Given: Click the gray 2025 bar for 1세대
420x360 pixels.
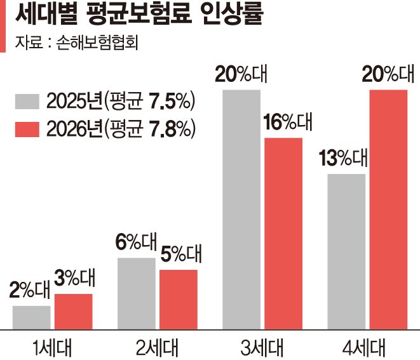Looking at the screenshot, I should (31, 317).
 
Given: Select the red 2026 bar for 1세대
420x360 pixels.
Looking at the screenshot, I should (73, 311).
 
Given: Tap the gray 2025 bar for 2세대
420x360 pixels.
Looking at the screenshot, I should (136, 293).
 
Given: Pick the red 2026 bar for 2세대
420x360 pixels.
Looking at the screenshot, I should (178, 299).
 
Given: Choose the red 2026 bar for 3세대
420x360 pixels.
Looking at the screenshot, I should (283, 233).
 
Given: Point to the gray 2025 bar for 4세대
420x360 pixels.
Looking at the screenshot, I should (346, 251).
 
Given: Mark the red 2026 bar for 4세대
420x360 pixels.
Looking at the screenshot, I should (388, 210).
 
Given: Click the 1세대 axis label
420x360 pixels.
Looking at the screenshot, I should (53, 347).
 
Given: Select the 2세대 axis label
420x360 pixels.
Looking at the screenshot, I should (157, 347).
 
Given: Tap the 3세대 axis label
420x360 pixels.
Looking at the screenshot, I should (262, 347).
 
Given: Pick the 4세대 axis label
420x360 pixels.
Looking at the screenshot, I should (367, 347).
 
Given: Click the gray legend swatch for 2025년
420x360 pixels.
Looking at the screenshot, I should (27, 102).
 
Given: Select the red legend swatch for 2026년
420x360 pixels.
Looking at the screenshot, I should (27, 129).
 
